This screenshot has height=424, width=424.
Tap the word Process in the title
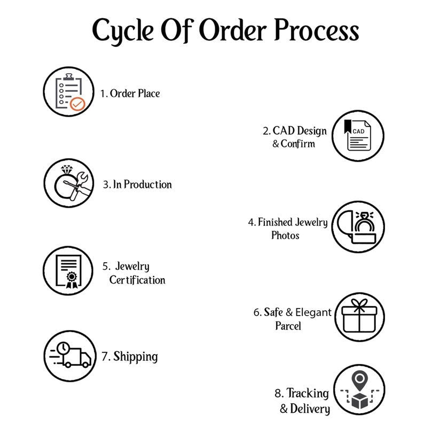pyautogui.click(x=317, y=30)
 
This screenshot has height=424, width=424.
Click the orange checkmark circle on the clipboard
pyautogui.click(x=77, y=104)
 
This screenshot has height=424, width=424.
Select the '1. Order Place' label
pyautogui.click(x=130, y=93)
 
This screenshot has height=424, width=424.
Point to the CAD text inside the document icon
pyautogui.click(x=358, y=131)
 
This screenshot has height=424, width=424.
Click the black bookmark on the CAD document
pyautogui.click(x=348, y=126)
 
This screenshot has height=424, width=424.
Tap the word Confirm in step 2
pyautogui.click(x=298, y=144)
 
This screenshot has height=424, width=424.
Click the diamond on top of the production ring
pyautogui.click(x=67, y=169)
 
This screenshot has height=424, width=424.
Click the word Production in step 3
pyautogui.click(x=147, y=184)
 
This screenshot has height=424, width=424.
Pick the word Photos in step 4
pyautogui.click(x=285, y=235)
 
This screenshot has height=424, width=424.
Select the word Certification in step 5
pyautogui.click(x=137, y=280)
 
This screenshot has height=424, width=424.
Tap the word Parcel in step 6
pyautogui.click(x=288, y=326)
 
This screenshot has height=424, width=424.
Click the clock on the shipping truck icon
pyautogui.click(x=64, y=348)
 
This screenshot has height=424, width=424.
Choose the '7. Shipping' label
pyautogui.click(x=130, y=357)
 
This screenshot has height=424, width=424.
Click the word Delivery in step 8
pyautogui.click(x=310, y=409)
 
